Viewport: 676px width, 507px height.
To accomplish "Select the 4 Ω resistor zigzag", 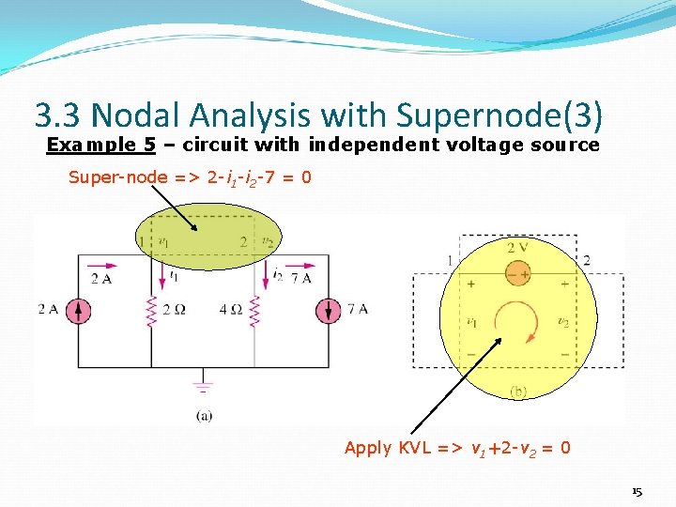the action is [x=254, y=311].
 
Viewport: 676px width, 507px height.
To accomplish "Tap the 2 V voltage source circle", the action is [x=517, y=273].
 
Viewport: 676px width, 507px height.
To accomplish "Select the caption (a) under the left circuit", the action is [x=204, y=416].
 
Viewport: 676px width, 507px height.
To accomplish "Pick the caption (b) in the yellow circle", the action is [x=517, y=391].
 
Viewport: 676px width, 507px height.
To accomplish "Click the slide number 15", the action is [x=637, y=492].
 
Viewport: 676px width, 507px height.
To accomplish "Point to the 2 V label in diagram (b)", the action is [x=517, y=248].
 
